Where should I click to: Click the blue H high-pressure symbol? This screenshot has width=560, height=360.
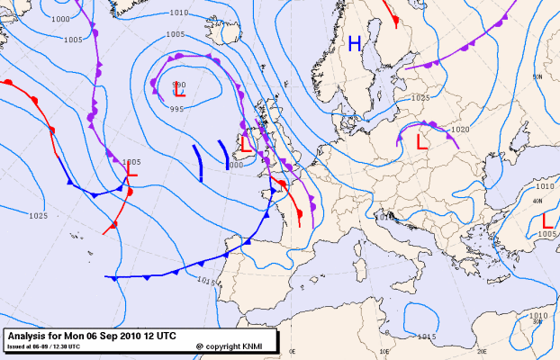[x=356, y=43]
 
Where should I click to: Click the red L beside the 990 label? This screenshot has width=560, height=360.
[x=179, y=91]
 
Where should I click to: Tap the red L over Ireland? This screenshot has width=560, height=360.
[x=244, y=144]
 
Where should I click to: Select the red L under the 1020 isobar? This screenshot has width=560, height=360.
[x=421, y=140]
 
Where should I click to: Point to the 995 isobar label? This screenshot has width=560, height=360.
[x=177, y=109]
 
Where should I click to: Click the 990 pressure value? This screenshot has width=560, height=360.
[x=178, y=84]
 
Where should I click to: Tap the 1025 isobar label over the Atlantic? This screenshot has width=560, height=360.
[x=38, y=216]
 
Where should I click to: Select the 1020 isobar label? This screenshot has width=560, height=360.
[x=461, y=130]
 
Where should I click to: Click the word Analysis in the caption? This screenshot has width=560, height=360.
[x=30, y=335]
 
